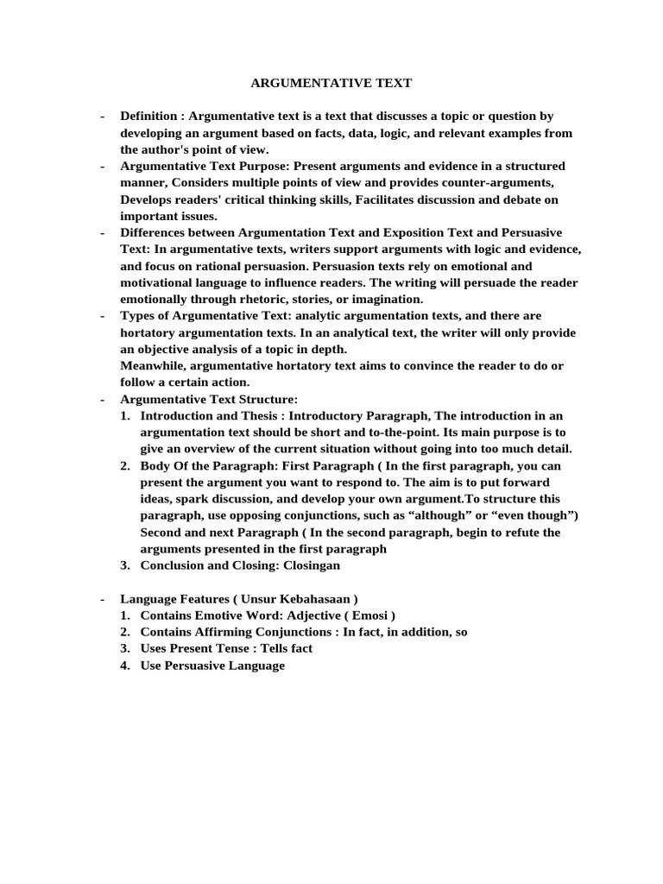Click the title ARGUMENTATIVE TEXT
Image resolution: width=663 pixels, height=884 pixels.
point(331,83)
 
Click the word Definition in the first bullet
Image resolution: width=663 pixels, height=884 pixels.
point(148,116)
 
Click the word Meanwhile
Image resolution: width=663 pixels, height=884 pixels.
point(153,366)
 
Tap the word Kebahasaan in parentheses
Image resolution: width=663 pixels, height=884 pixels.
point(313,598)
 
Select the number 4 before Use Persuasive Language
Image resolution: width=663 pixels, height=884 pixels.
point(125,666)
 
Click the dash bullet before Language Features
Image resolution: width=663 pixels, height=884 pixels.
point(103,598)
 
